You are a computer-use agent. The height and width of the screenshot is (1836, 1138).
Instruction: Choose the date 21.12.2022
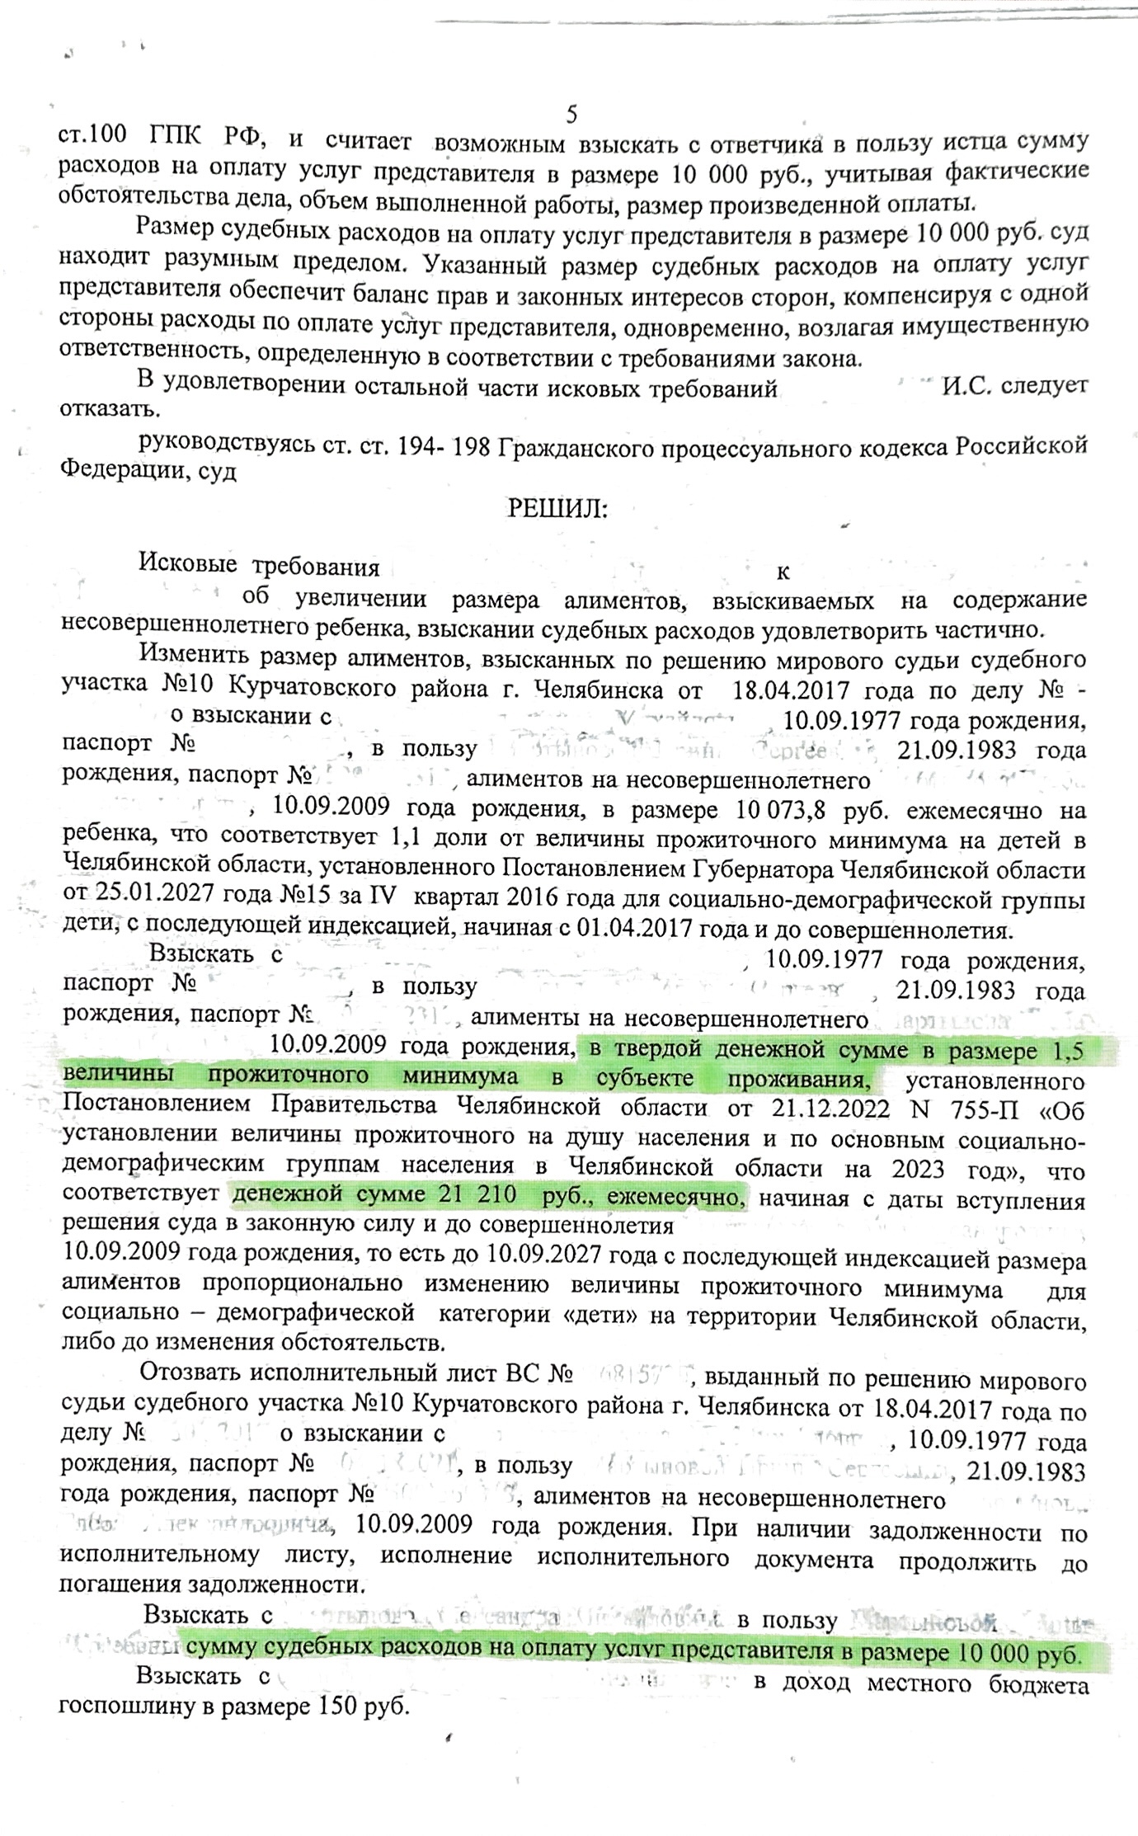(830, 1108)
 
